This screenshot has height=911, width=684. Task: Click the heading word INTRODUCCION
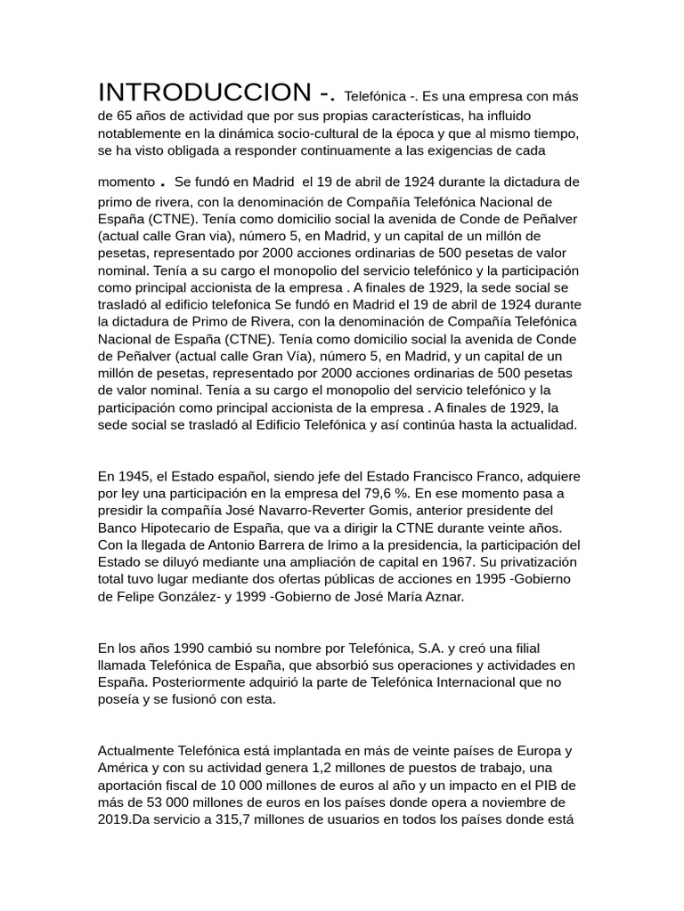tap(205, 92)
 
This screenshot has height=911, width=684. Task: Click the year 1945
tap(132, 475)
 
